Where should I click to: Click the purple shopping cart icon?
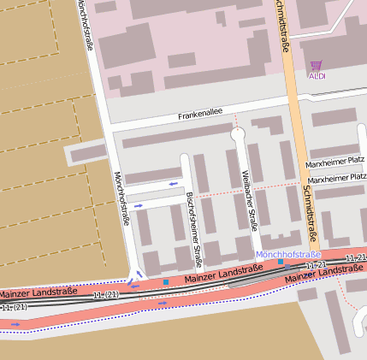click(x=317, y=65)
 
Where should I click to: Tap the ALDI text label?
click(x=317, y=76)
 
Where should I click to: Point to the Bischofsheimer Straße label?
click(x=193, y=219)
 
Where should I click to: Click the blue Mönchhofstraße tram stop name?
click(x=288, y=255)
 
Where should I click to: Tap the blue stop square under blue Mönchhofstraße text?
click(x=281, y=263)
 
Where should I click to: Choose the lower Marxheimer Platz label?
click(x=337, y=180)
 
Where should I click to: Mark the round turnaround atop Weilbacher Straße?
click(x=238, y=133)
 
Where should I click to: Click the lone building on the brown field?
click(x=86, y=154)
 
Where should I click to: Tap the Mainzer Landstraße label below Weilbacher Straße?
click(x=222, y=274)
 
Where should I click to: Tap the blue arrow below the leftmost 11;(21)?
click(x=15, y=324)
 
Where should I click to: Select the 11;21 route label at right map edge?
click(x=355, y=257)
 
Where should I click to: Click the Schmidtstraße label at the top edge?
click(x=281, y=26)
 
